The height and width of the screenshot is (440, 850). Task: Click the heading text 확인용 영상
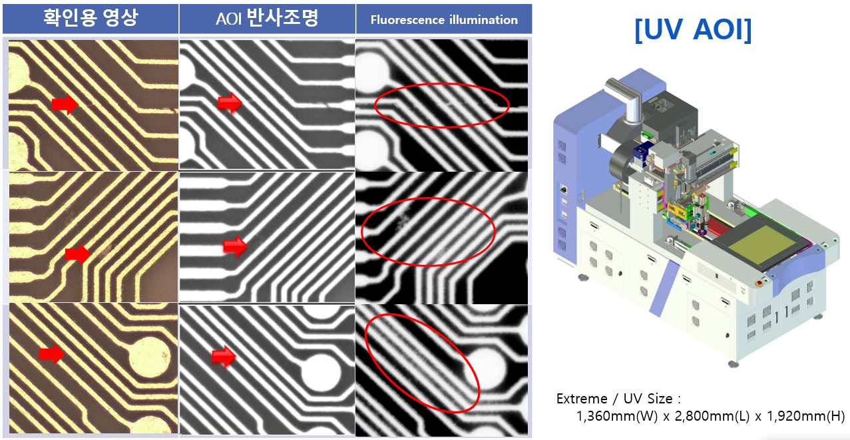pyautogui.click(x=90, y=18)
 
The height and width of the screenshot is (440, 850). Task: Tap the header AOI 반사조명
pyautogui.click(x=267, y=19)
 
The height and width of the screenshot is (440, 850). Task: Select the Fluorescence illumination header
pyautogui.click(x=444, y=19)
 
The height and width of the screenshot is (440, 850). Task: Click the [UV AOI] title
pyautogui.click(x=693, y=30)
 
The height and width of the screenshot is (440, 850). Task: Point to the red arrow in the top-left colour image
pyautogui.click(x=65, y=104)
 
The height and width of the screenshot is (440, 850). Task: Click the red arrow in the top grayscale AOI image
pyautogui.click(x=230, y=103)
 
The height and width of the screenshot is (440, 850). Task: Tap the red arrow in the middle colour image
pyautogui.click(x=79, y=254)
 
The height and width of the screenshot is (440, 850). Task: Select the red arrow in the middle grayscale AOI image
pyautogui.click(x=235, y=246)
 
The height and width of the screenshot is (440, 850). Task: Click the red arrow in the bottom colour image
pyautogui.click(x=51, y=353)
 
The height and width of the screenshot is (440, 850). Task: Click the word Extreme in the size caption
pyautogui.click(x=582, y=399)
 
